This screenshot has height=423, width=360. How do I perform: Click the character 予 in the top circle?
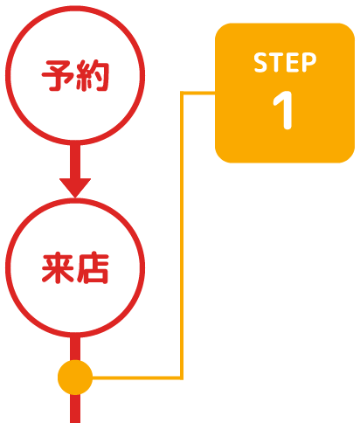click(x=58, y=75)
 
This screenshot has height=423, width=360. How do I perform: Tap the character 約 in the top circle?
click(x=92, y=75)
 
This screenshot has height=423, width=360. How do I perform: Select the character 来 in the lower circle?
click(x=58, y=268)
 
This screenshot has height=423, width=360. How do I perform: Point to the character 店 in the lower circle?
click(x=93, y=268)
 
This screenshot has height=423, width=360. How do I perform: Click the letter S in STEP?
click(x=260, y=62)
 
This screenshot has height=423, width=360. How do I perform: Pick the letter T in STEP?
click(x=276, y=62)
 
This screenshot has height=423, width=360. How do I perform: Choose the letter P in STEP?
click(x=308, y=62)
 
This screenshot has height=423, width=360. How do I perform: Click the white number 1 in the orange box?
click(x=283, y=110)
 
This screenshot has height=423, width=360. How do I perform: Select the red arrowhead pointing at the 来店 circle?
click(x=75, y=187)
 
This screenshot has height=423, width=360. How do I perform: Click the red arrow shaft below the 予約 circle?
click(x=75, y=161)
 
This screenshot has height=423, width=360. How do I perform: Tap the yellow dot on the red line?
click(x=75, y=378)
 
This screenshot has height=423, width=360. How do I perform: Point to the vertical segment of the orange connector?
click(x=182, y=235)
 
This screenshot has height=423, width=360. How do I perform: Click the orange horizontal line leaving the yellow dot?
click(x=136, y=378)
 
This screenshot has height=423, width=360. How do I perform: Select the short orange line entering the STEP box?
click(x=197, y=93)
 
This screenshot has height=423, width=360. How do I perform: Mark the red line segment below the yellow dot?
click(x=75, y=409)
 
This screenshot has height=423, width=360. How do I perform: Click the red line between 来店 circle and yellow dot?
click(x=75, y=349)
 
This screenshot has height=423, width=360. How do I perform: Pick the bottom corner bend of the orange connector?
click(x=182, y=378)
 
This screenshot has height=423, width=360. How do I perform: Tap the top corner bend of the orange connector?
click(x=182, y=93)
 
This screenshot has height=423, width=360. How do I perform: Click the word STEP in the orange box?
click(x=285, y=62)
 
